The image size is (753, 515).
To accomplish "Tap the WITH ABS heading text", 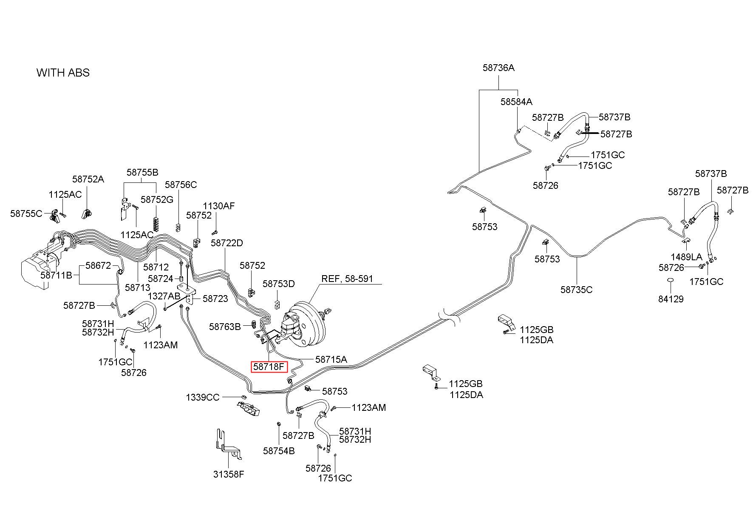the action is point(63,73).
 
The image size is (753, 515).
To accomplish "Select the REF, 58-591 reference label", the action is point(347,279).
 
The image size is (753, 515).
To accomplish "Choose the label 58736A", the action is point(498,68).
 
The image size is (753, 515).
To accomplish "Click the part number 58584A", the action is point(516,102).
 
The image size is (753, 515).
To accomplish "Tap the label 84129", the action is point(671,299).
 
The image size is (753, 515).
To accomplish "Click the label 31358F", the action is point(229,474).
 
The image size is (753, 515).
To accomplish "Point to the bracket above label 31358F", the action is point(228,444).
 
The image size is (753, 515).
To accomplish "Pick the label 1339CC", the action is point(202,397).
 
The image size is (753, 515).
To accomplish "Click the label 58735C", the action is point(576,290).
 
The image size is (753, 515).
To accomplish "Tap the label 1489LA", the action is point(687,257).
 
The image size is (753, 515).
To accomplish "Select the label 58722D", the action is point(227,243).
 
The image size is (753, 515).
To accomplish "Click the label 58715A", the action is point(331,359).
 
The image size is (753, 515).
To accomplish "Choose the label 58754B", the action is point(279,451).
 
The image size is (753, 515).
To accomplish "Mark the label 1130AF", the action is point(218,206).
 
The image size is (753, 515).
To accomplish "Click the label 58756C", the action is point(181,185).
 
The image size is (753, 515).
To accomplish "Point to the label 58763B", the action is point(225,327).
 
